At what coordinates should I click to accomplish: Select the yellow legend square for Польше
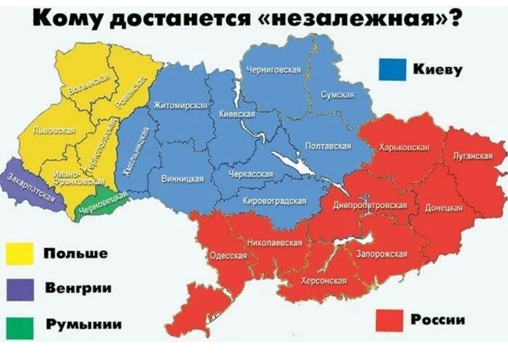20,254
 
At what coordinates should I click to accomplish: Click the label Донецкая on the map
444,208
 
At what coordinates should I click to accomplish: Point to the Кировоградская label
275,201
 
